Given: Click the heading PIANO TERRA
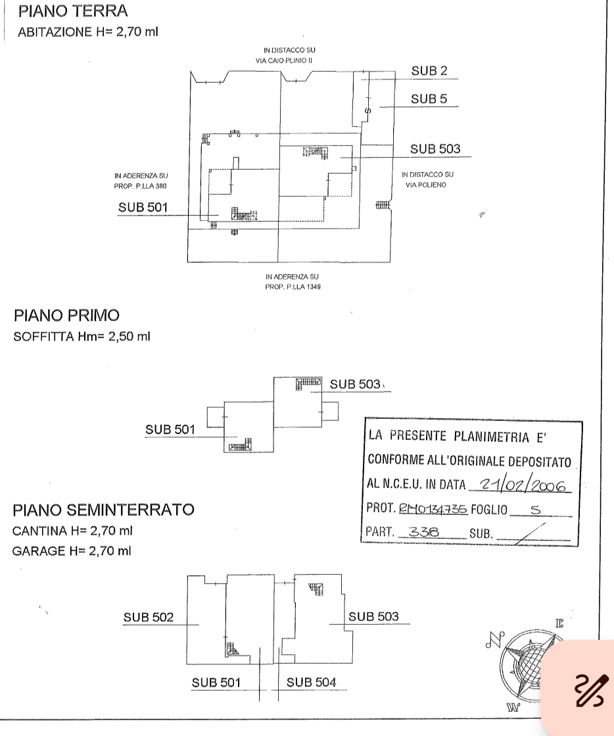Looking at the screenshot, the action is tap(73, 11).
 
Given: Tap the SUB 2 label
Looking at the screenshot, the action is tap(429, 71).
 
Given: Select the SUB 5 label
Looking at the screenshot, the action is tap(429, 99).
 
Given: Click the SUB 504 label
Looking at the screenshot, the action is tap(311, 683).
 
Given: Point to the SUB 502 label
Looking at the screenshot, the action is tap(148, 617).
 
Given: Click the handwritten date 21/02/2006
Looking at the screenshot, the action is tap(523, 485).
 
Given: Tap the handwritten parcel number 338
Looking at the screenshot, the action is tap(423, 531).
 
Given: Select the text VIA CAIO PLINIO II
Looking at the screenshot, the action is tap(284, 61).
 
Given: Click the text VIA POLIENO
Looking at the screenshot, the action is tap(426, 185).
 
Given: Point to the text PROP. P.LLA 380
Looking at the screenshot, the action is tap(140, 186).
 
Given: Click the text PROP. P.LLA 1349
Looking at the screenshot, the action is tap(293, 287).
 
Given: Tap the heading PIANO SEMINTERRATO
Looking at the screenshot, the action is tap(103, 510).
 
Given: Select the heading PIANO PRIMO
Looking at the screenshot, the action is tap(66, 316).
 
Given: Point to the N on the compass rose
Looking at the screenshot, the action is tap(494, 639).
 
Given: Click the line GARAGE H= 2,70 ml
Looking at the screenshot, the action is tap(71, 551).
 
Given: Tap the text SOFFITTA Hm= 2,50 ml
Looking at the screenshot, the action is tap(82, 337).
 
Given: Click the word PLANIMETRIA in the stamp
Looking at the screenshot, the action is tap(491, 437).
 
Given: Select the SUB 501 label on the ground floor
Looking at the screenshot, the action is tap(143, 207).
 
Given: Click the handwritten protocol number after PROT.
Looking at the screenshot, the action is tap(433, 509).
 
